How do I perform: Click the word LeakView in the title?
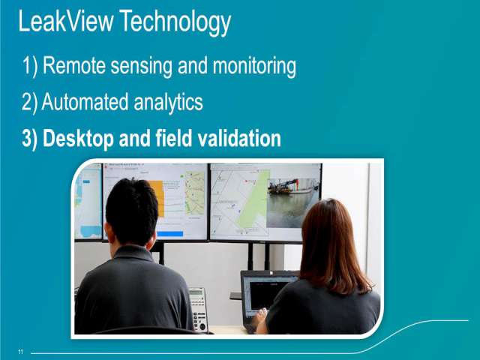click(x=65, y=21)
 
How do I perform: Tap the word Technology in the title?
click(x=175, y=22)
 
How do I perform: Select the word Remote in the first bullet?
click(x=73, y=65)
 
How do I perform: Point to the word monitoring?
click(x=254, y=67)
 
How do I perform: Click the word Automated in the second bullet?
click(x=85, y=102)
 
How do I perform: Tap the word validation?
click(x=239, y=138)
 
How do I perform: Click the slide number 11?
click(x=20, y=352)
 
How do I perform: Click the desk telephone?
click(x=198, y=309)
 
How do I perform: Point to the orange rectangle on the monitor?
click(x=157, y=198)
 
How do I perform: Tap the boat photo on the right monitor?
click(x=292, y=202)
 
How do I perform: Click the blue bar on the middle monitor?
click(x=170, y=234)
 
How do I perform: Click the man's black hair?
click(x=132, y=211)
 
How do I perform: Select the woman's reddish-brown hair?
click(x=332, y=245)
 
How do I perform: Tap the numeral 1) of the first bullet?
click(x=30, y=66)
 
